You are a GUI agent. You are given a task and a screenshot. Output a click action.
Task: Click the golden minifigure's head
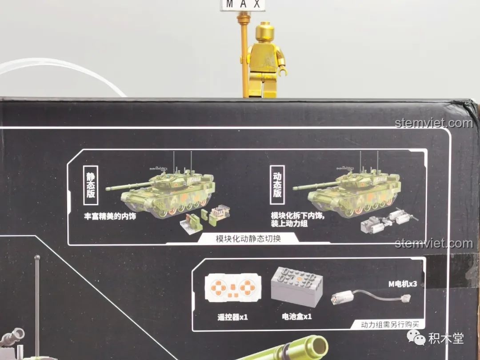coord(268,33)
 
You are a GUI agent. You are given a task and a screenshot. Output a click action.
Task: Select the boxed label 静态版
coord(91,185)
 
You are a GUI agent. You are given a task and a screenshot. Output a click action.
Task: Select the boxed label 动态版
coord(277,185)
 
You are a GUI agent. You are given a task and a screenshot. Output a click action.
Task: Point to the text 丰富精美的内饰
coord(110,216)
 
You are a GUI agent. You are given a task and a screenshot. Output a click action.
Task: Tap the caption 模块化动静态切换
coord(248,239)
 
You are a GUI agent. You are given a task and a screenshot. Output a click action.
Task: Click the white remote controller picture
coord(233,288)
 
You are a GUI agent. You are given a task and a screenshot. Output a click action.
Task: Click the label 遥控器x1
coord(232,317)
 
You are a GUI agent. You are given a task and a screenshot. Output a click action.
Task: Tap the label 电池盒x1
coord(296,316)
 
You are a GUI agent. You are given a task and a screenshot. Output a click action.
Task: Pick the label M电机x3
coord(403,284)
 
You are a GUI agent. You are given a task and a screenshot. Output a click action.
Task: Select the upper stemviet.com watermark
coord(434,123)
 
